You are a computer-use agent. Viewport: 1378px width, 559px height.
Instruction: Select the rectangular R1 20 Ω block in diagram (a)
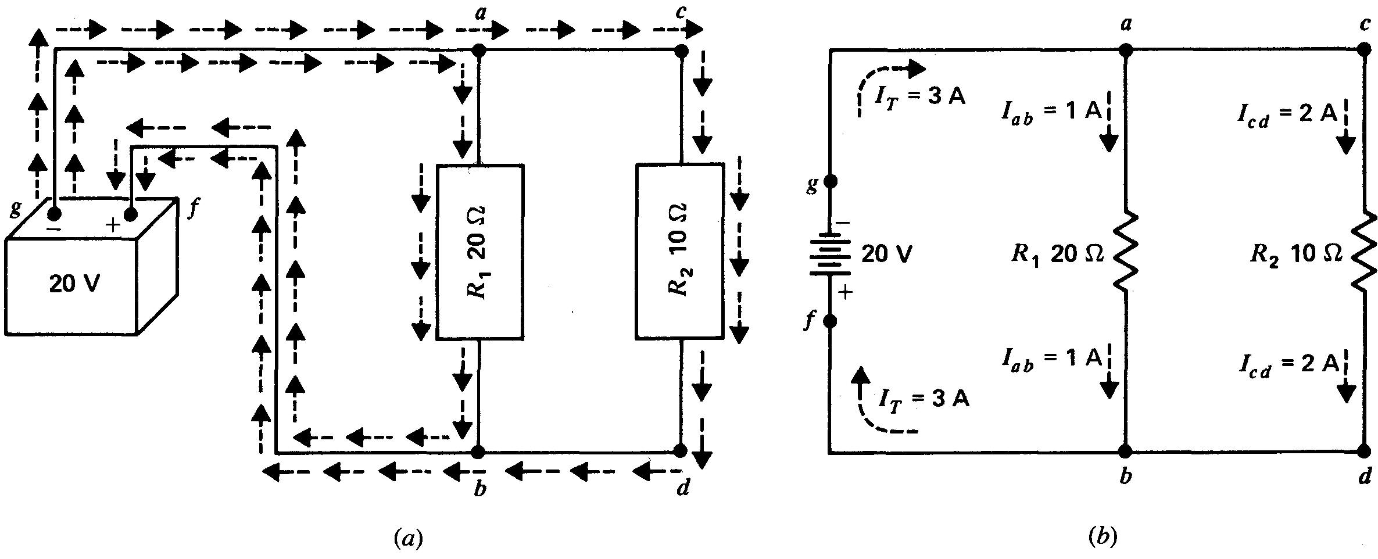[480, 252]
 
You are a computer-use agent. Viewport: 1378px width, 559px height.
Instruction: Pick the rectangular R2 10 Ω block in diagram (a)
[680, 251]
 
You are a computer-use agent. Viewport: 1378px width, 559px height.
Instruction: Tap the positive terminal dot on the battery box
[131, 216]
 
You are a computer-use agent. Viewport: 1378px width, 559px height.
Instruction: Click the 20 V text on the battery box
[74, 284]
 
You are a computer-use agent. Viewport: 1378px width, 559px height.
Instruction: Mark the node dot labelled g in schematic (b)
[831, 181]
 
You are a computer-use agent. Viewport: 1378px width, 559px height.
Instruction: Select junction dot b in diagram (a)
[478, 451]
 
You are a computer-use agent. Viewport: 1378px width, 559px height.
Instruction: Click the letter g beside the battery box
[16, 209]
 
